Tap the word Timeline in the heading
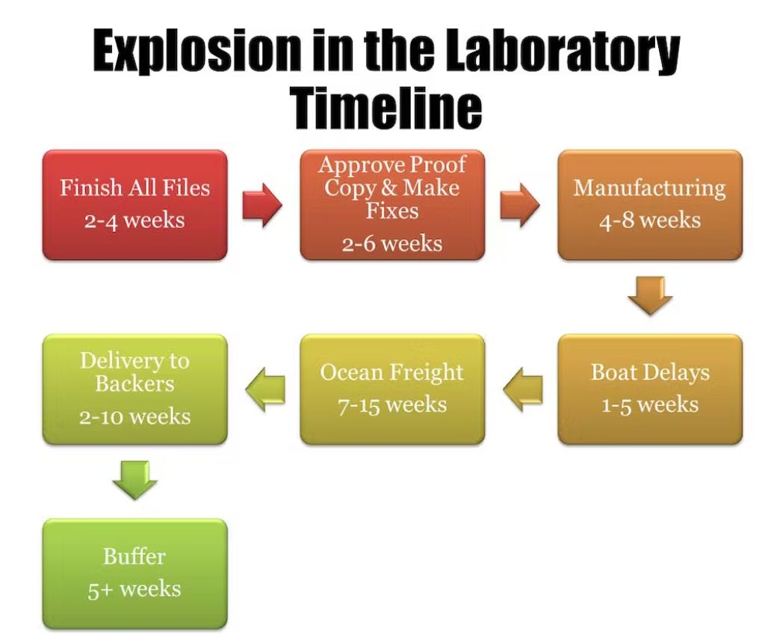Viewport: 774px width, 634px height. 386,107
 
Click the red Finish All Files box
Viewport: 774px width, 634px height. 134,205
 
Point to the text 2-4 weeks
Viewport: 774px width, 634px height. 134,221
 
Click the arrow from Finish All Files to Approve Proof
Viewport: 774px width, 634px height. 262,205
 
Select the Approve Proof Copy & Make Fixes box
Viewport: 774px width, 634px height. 392,205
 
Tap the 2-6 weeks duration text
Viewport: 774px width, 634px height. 392,244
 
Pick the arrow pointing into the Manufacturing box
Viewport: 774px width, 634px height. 520,205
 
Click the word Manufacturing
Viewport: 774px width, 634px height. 650,188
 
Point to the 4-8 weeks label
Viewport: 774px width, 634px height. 650,221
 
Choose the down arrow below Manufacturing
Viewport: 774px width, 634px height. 650,295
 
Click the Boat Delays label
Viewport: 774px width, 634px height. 650,372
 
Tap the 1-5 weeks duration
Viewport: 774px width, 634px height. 650,404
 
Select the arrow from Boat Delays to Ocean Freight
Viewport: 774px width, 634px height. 523,390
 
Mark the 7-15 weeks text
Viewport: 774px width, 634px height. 392,404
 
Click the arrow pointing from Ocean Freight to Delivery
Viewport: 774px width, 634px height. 265,390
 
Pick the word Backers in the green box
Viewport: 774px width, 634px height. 134,384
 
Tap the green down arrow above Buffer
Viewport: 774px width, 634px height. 134,480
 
